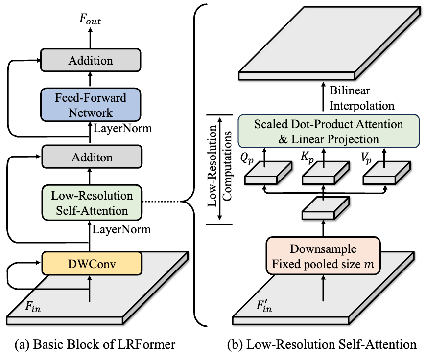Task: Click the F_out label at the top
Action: coord(90,19)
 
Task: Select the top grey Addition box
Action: coord(91,60)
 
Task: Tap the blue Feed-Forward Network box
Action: coord(91,105)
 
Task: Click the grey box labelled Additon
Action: coord(92,157)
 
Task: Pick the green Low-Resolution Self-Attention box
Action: coord(92,203)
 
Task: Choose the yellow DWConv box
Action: coord(92,264)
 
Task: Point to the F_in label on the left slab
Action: coord(33,307)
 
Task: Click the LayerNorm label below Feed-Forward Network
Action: coord(122,128)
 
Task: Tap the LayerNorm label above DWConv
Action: coord(121,230)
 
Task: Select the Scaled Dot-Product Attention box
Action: coord(329,132)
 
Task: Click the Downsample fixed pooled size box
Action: coord(323,256)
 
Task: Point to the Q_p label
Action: coord(247,158)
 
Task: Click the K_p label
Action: coord(308,157)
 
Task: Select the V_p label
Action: coord(366,158)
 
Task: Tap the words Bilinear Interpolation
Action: coord(362,98)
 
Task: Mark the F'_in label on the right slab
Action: coord(264,306)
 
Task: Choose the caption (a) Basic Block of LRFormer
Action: coord(95,344)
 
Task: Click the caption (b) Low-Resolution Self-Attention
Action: coord(322,344)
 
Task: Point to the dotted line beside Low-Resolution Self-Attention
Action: coord(162,202)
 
